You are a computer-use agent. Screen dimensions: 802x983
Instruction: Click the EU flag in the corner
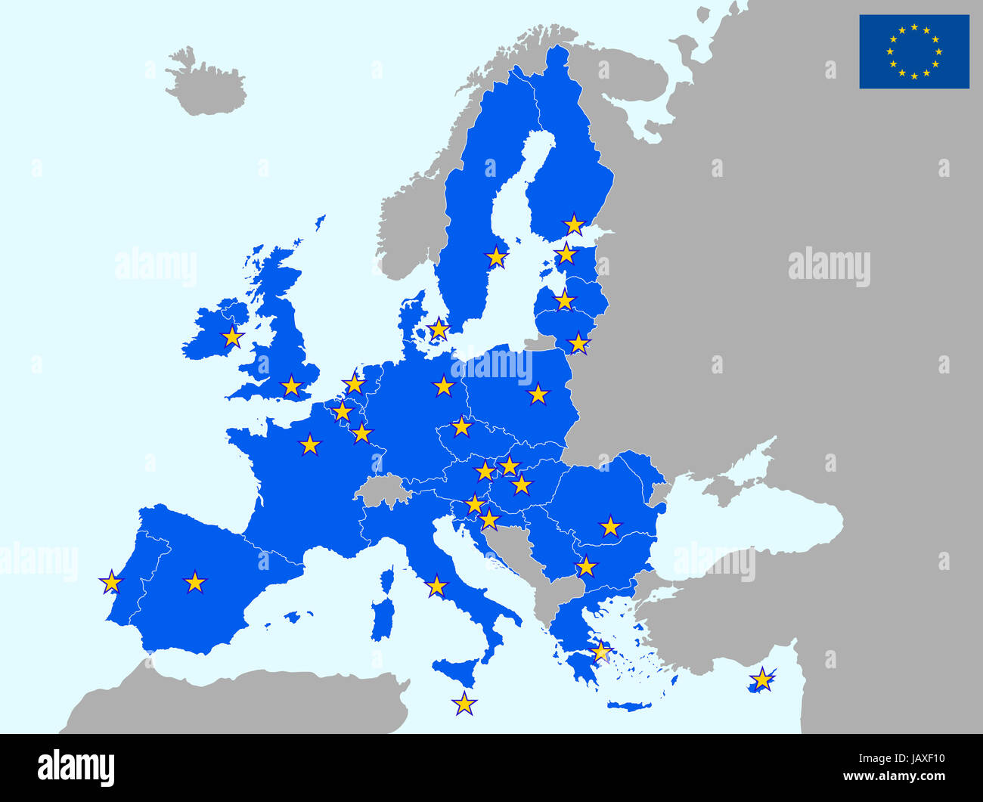point(913,51)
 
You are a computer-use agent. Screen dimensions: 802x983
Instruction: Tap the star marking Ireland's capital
point(232,337)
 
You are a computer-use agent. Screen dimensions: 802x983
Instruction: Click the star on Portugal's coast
point(111,582)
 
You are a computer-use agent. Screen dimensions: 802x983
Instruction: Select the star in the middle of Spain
point(195,582)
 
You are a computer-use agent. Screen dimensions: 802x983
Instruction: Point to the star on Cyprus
point(763,680)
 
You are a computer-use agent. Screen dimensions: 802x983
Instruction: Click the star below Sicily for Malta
point(464,704)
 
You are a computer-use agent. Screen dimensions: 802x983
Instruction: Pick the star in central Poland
point(538,394)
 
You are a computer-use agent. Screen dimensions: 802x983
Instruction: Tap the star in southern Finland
point(575,224)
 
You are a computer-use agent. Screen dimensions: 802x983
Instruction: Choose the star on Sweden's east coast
point(496,257)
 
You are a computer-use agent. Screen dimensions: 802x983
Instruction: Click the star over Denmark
point(439,328)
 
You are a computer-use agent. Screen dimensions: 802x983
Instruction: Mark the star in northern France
point(309,444)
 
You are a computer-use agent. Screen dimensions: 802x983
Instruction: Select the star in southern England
point(291,386)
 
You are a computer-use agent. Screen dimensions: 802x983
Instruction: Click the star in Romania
point(610,525)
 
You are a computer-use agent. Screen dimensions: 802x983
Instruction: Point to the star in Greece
point(600,652)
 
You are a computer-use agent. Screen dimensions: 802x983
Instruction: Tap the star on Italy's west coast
point(436,586)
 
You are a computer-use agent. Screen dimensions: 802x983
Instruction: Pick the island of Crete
point(629,707)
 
